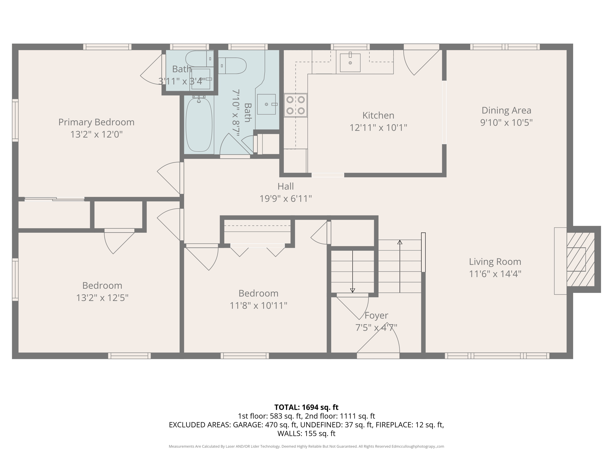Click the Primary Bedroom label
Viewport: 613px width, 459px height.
tap(96, 122)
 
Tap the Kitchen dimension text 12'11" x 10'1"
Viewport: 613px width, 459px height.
tap(378, 128)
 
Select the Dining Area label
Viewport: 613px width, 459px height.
tap(506, 110)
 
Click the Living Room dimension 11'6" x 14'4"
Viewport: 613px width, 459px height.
tap(495, 274)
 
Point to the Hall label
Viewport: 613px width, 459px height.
tap(285, 186)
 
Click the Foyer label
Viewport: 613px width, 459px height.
tap(376, 315)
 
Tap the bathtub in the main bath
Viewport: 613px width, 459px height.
tap(199, 125)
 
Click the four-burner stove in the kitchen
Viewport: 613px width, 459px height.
tap(295, 105)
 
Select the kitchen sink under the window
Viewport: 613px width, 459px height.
tap(350, 62)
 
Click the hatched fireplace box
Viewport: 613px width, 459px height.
tap(580, 259)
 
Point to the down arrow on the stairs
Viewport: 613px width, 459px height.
tap(353, 290)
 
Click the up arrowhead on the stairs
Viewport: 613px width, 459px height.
tap(400, 242)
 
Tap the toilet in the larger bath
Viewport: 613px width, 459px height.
tap(232, 66)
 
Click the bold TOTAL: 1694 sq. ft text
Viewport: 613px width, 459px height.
tap(306, 407)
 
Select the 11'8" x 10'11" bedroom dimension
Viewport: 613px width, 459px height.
tap(258, 305)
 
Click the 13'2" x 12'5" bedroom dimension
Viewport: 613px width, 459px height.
tap(102, 298)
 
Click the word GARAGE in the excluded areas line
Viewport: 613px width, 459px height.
tap(248, 425)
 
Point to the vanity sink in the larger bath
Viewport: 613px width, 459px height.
tap(266, 104)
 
